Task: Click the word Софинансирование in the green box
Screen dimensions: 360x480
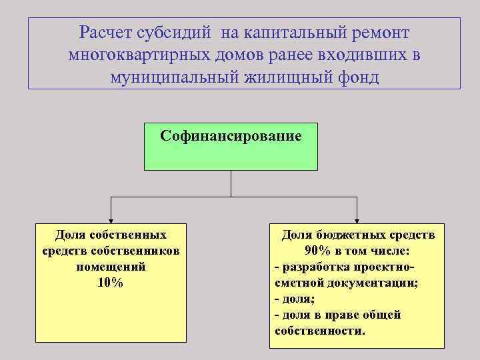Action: click(231, 136)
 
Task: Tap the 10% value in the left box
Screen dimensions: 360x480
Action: click(110, 282)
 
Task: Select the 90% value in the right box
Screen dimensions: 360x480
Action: click(319, 251)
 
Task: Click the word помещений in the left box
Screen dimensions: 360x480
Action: click(110, 266)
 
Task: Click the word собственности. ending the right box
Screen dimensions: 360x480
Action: click(319, 330)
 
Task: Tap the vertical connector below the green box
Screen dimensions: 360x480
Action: click(231, 183)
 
